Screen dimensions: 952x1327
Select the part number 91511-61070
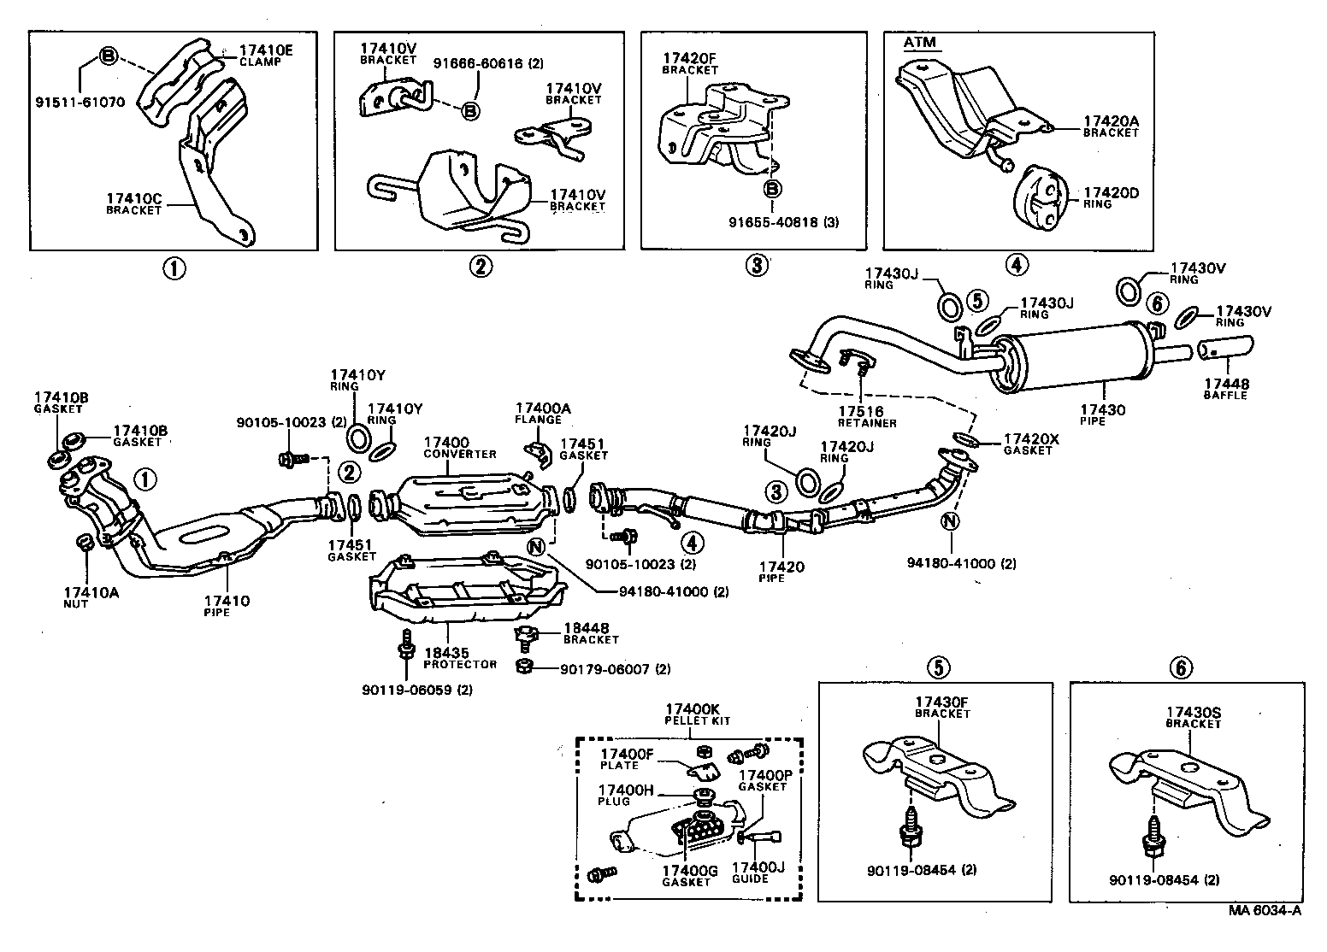(x=80, y=102)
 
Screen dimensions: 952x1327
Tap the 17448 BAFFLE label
(x=1225, y=389)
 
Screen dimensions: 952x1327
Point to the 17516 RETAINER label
(x=867, y=416)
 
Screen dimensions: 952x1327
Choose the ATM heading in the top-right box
(x=920, y=41)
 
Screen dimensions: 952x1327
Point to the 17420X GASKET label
(x=1030, y=444)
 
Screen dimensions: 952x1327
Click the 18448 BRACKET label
(x=590, y=632)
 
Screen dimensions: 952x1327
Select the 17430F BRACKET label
(x=941, y=707)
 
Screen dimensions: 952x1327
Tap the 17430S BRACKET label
(x=1193, y=717)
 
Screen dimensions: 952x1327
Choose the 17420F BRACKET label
(x=690, y=64)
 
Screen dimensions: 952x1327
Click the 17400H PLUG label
(x=625, y=795)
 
